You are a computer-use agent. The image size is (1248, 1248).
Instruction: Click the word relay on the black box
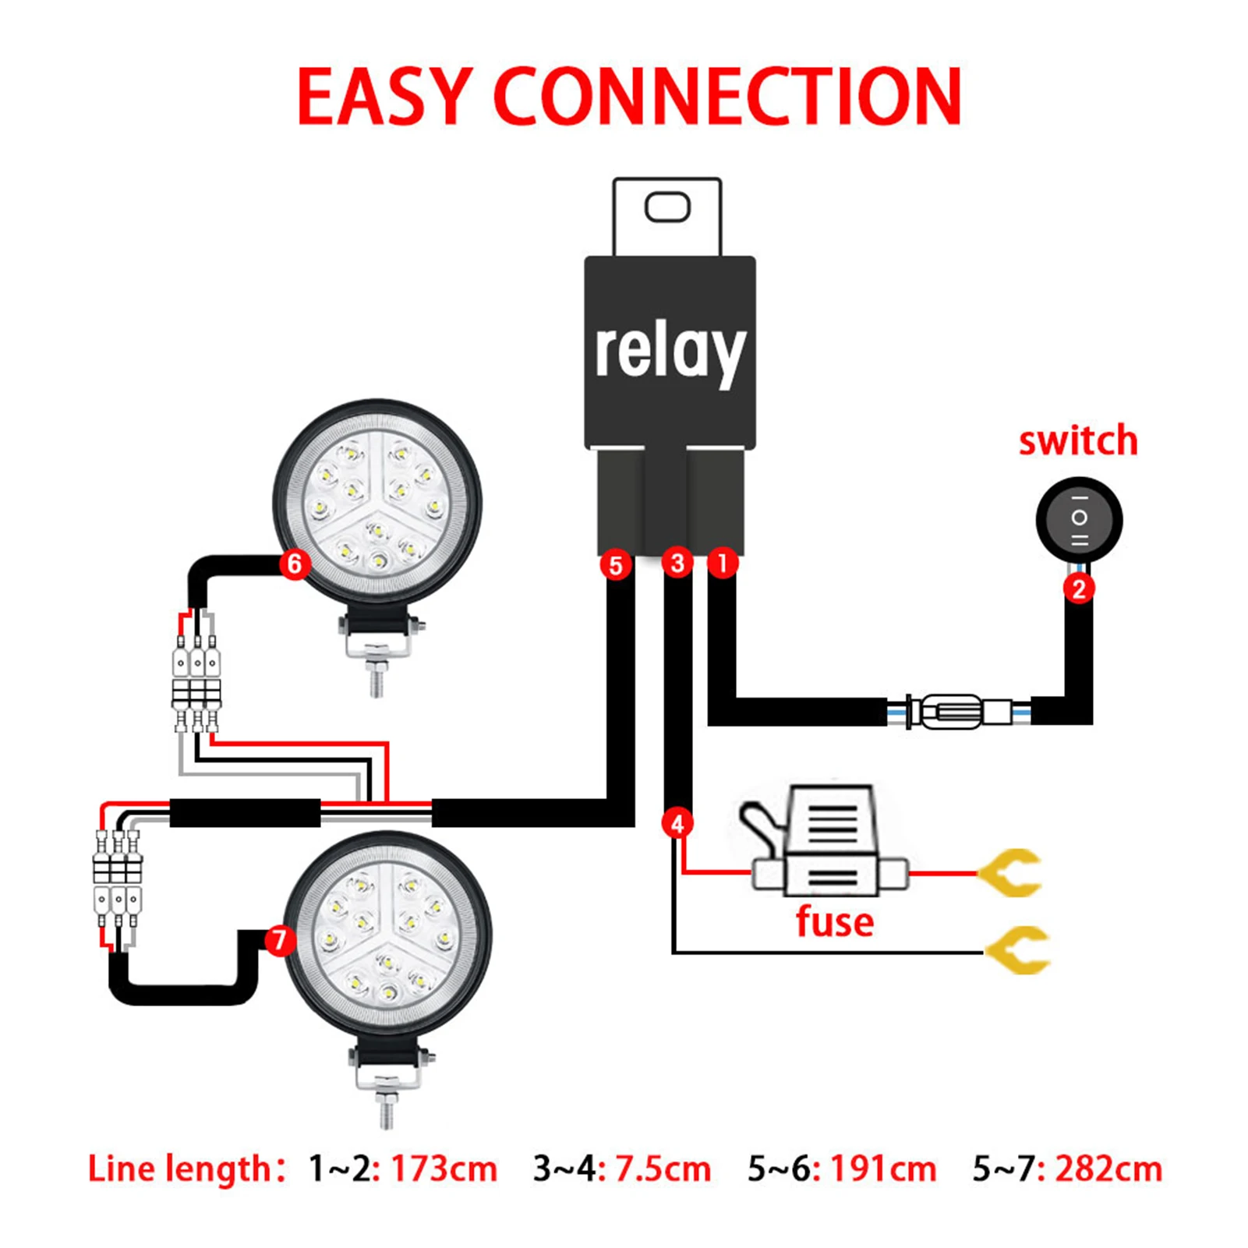(x=669, y=352)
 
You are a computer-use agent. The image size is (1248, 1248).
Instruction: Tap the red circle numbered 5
(x=616, y=565)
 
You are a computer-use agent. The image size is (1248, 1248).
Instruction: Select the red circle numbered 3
(x=677, y=563)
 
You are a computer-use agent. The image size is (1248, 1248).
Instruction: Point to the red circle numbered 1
(x=723, y=562)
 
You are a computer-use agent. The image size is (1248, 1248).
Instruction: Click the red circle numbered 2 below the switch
(x=1079, y=589)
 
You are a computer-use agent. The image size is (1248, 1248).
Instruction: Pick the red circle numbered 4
(x=677, y=824)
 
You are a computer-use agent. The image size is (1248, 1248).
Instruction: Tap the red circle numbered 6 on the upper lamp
(x=295, y=564)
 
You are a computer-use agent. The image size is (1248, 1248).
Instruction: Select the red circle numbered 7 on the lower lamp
(x=280, y=939)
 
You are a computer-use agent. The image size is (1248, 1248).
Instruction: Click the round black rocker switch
(x=1079, y=519)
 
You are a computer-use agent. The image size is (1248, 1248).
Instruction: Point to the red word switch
(x=1078, y=441)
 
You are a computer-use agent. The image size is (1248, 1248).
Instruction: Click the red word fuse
(x=834, y=922)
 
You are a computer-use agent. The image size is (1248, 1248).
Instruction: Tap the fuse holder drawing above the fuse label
(x=830, y=846)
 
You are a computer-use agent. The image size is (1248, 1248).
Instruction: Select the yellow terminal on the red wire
(x=1013, y=873)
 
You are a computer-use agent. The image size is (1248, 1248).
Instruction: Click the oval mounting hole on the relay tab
(x=667, y=207)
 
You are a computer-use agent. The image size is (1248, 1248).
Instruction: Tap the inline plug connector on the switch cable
(x=959, y=711)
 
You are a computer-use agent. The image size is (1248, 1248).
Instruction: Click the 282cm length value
(x=1108, y=1169)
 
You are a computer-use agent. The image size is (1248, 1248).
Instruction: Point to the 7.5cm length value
(x=663, y=1169)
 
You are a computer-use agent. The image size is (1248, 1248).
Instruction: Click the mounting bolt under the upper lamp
(x=377, y=677)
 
